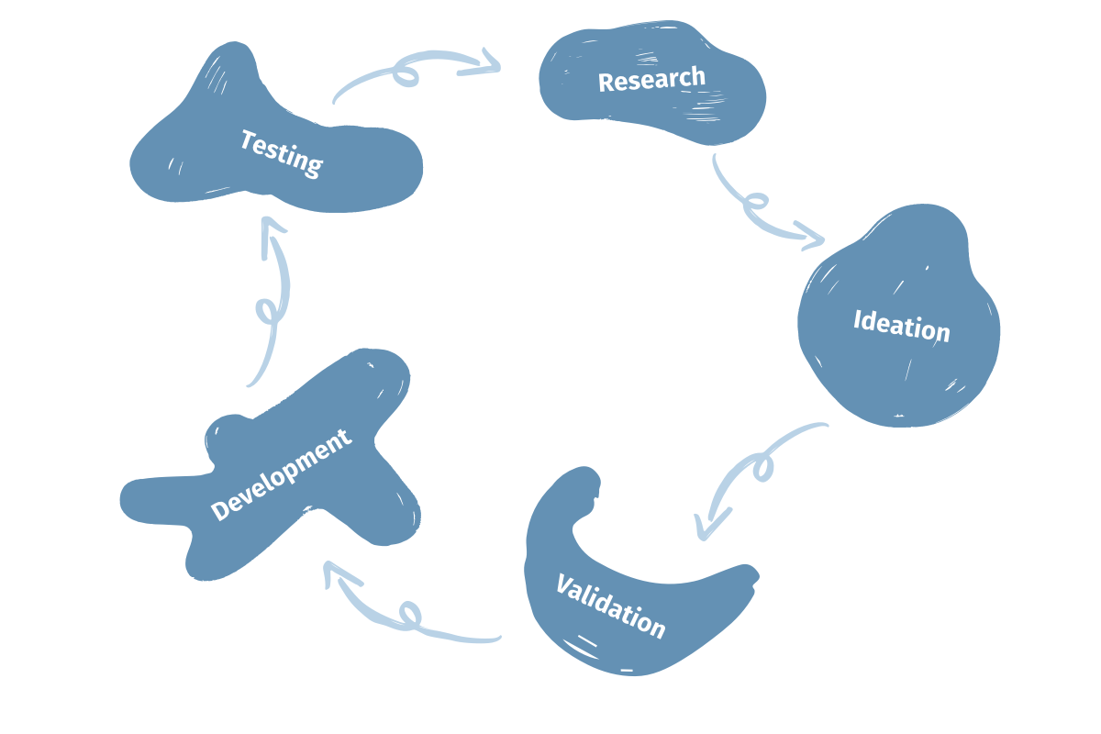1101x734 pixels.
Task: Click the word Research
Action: tap(651, 79)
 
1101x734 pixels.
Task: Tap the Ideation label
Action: tap(901, 326)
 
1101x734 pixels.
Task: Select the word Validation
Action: tap(610, 606)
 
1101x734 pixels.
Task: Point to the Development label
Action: tap(281, 476)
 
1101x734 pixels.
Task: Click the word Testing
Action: tap(282, 152)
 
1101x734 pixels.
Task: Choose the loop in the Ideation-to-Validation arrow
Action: tap(762, 468)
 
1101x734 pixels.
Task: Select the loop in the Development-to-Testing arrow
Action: tap(268, 311)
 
